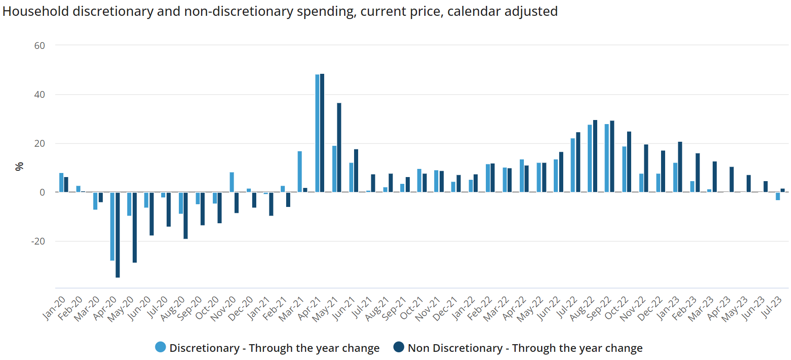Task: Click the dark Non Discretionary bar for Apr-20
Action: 118,235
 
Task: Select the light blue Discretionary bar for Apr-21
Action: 317,133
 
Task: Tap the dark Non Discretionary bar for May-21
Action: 339,148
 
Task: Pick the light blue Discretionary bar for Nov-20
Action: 232,182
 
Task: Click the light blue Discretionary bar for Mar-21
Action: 300,172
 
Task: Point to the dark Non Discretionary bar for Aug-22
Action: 595,156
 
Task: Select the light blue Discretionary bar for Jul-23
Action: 778,196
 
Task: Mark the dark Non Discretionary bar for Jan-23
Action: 680,167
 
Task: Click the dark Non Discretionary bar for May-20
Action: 134,227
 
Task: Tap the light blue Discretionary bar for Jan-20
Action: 61,182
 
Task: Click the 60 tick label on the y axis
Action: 40,46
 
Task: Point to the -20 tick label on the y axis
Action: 38,241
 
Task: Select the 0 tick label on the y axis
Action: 43,192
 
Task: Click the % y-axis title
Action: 19,167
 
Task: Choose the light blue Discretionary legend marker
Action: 160,347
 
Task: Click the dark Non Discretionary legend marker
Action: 398,347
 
